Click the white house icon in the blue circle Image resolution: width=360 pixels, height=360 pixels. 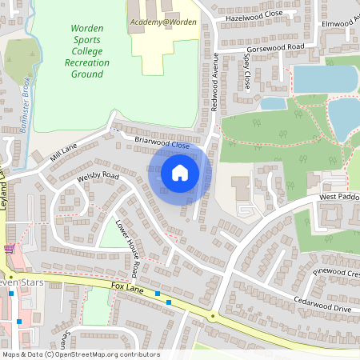[x=179, y=172]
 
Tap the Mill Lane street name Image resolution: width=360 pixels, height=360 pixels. [x=63, y=152]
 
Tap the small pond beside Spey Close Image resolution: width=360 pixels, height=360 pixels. [x=273, y=103]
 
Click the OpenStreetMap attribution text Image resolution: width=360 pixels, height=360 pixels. [x=80, y=354]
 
